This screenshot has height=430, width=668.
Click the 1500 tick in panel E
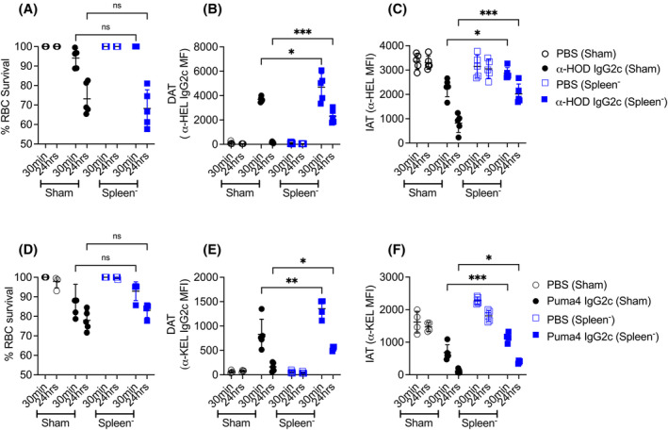pyautogui.click(x=204, y=302)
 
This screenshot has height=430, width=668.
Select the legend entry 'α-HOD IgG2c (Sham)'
pyautogui.click(x=610, y=69)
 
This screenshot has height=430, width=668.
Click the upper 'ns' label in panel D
pyautogui.click(x=117, y=236)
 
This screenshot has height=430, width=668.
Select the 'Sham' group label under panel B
pyautogui.click(x=240, y=192)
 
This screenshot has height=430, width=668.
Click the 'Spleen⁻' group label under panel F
pyautogui.click(x=480, y=422)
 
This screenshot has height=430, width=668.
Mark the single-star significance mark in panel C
pyautogui.click(x=478, y=33)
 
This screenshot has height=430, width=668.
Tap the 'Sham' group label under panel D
pyautogui.click(x=56, y=422)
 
